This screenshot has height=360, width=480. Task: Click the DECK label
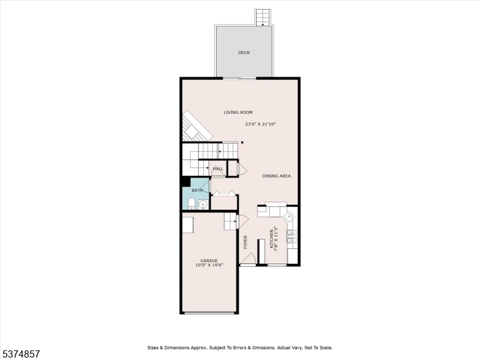click(x=244, y=53)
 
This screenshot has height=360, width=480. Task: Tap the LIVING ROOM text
click(x=238, y=112)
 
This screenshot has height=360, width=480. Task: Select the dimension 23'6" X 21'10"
click(x=260, y=124)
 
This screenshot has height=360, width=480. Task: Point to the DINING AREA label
click(x=277, y=176)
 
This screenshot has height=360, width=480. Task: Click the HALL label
click(x=218, y=169)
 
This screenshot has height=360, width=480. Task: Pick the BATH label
click(x=197, y=190)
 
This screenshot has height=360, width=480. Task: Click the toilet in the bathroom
click(x=191, y=203)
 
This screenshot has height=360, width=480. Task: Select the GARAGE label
click(x=209, y=260)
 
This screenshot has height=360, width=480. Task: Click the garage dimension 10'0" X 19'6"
click(x=209, y=265)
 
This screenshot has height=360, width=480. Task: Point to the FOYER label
click(x=245, y=242)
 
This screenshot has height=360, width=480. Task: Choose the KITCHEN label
click(x=272, y=238)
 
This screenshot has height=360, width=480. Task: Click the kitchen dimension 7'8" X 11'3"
click(x=277, y=238)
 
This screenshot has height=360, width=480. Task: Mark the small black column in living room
click(x=242, y=142)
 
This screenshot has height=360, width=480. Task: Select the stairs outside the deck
click(x=262, y=17)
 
